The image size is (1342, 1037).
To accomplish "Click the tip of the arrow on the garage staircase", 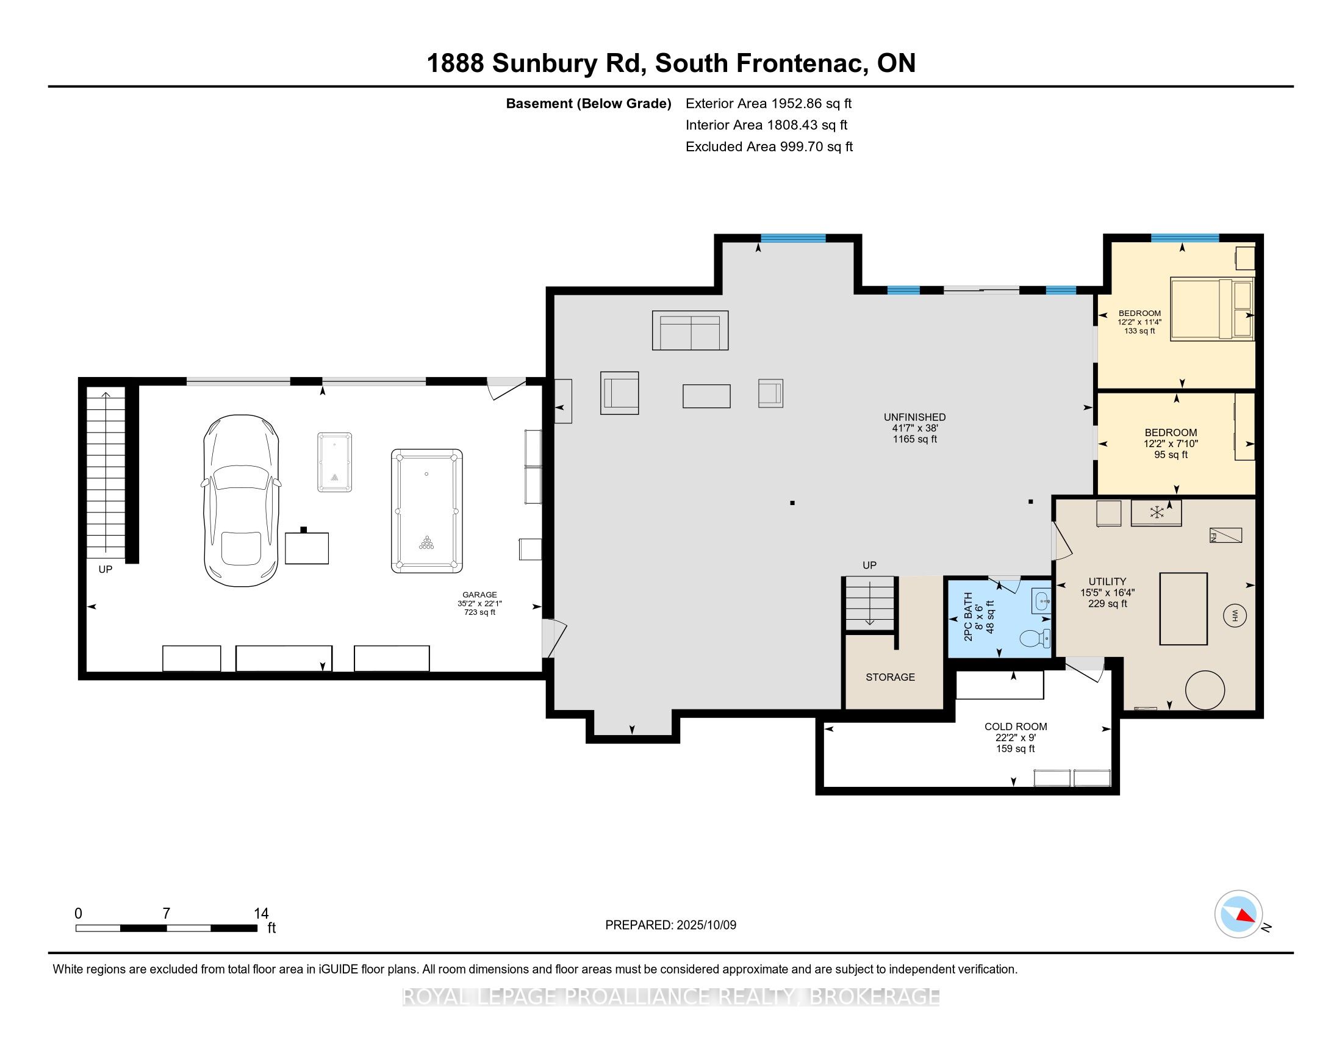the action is [x=106, y=392].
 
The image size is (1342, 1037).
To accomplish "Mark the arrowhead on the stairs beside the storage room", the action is [x=869, y=624].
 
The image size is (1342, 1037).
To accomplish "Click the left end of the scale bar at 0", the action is [x=76, y=928].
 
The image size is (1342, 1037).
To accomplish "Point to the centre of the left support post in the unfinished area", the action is [x=792, y=503].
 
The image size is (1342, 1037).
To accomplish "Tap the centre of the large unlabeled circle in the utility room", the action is [x=1204, y=690].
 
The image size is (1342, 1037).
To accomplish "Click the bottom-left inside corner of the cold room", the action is [x=824, y=787].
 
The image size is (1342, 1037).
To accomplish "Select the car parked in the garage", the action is [x=241, y=500].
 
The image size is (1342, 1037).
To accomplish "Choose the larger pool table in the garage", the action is [x=427, y=511].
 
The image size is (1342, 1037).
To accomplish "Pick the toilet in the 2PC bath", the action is [x=1035, y=639].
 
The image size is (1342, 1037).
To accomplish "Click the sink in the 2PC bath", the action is [x=1041, y=601].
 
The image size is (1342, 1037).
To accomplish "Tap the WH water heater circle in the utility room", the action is [x=1235, y=615].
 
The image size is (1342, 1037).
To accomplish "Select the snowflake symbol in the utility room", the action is [x=1157, y=512].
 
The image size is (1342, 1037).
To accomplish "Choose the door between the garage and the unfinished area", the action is [x=553, y=639].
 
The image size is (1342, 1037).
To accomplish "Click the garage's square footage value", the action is [x=480, y=612].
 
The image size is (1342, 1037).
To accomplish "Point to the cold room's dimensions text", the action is [x=1016, y=738].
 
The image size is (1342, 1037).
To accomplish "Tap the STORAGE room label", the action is [x=891, y=677].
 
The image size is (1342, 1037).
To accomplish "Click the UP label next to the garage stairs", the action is [x=106, y=570].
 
